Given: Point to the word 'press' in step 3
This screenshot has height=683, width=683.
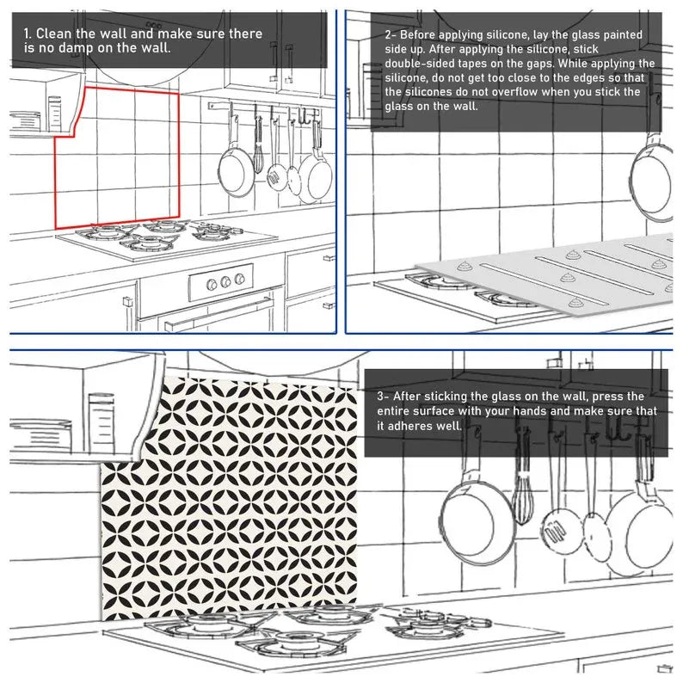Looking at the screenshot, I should pos(625,397).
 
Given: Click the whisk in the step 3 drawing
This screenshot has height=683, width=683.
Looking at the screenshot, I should pos(522,499).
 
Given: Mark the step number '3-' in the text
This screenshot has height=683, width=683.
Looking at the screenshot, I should pos(384,397).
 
